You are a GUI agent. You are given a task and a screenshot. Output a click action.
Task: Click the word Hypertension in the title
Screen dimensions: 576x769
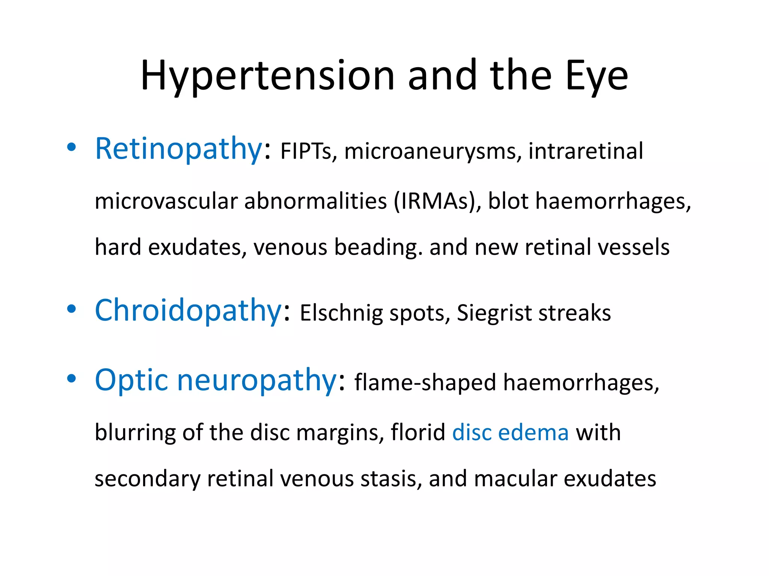267,76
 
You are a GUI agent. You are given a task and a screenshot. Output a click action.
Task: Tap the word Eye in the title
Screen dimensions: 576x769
596,76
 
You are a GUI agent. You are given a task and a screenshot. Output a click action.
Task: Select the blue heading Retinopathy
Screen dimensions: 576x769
178,149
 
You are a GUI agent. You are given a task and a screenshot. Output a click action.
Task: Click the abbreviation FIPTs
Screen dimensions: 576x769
306,151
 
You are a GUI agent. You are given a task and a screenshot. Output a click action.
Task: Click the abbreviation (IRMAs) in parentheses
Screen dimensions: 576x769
437,201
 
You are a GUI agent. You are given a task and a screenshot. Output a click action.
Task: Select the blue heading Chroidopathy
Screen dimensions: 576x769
188,310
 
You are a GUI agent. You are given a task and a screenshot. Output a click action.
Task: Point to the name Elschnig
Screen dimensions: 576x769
341,313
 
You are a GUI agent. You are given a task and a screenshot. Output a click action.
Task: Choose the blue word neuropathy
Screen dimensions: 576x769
257,380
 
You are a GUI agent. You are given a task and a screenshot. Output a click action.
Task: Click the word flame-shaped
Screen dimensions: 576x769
425,383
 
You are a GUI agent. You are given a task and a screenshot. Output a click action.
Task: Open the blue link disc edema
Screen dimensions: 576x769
510,432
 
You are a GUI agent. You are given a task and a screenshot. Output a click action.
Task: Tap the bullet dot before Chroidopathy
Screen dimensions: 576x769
71,309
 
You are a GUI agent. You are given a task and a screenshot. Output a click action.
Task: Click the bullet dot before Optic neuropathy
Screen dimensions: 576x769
71,379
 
